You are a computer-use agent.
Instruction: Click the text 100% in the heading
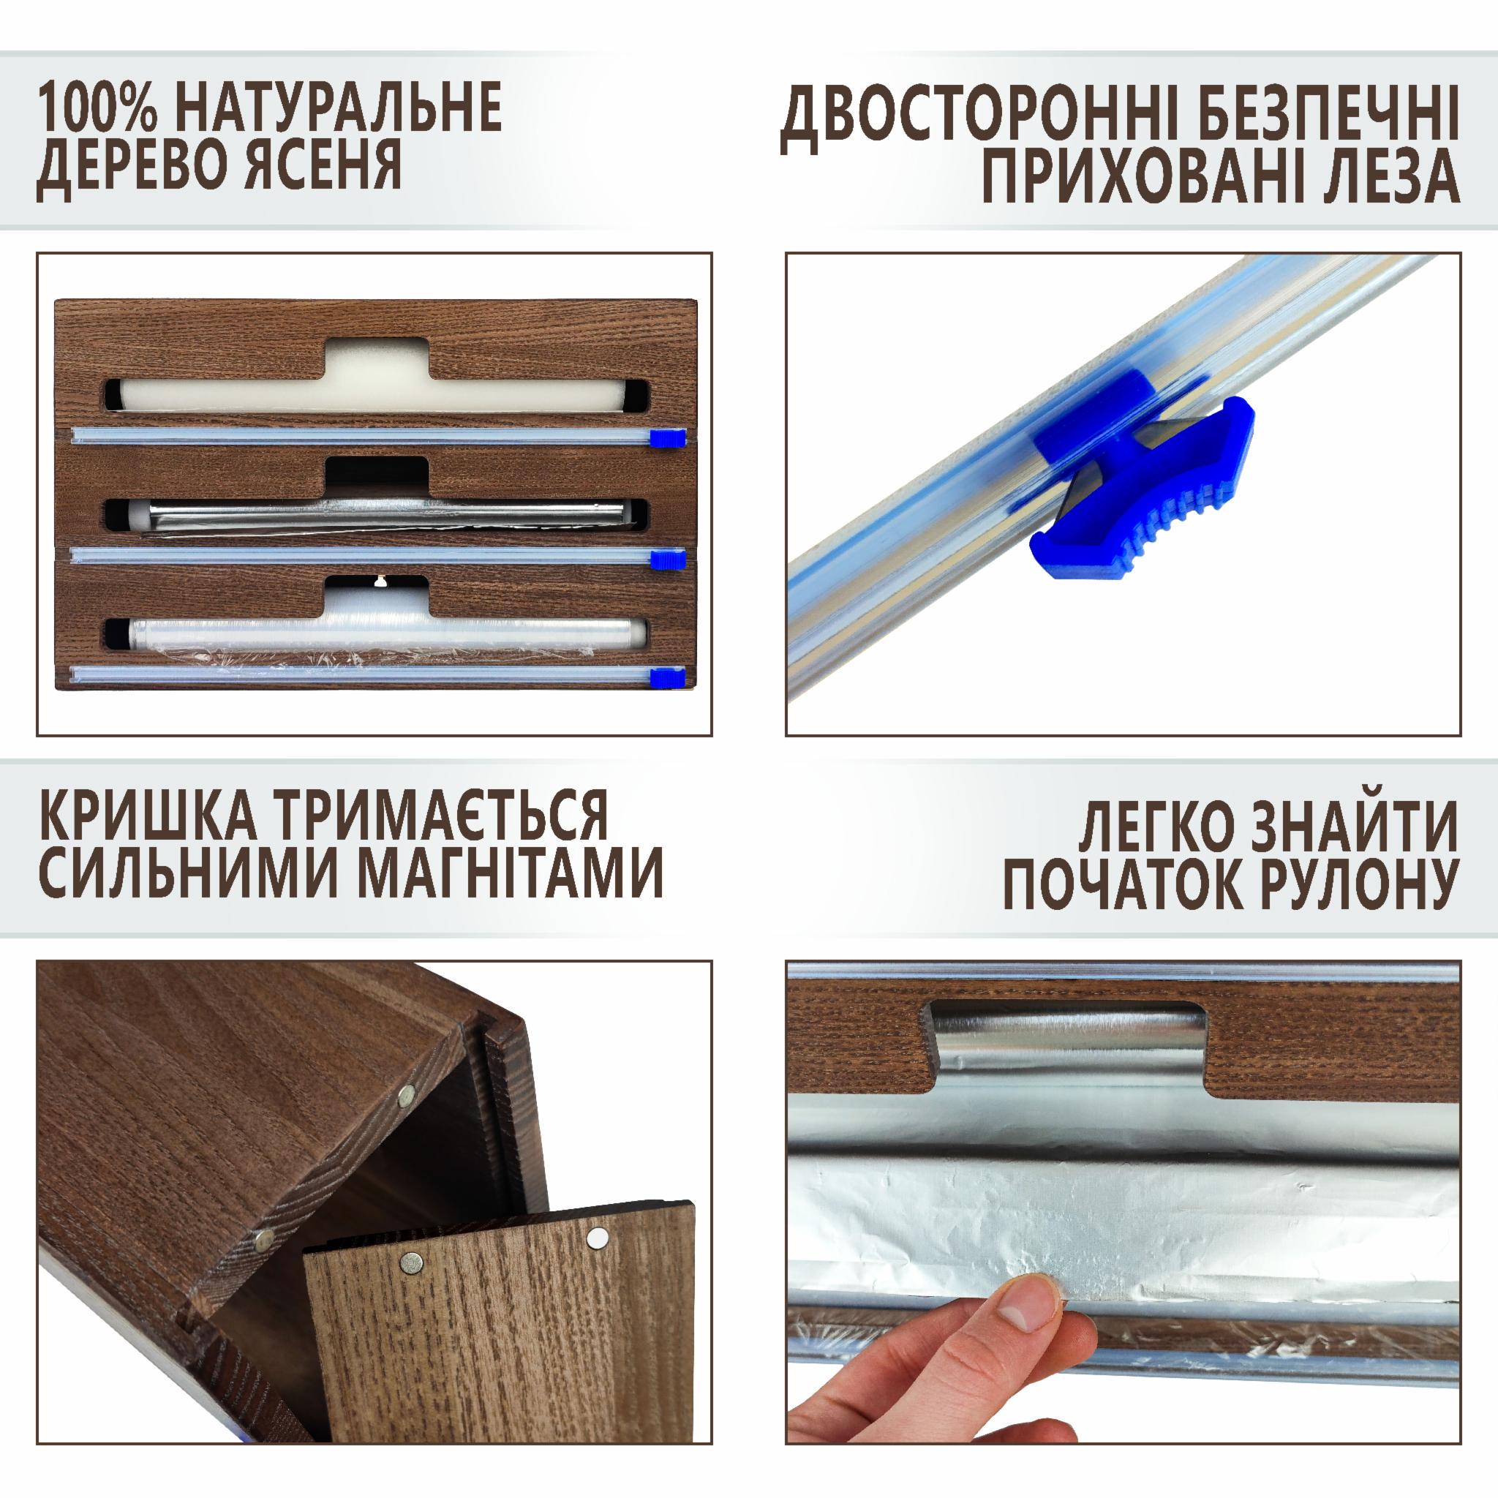[x=99, y=105]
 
